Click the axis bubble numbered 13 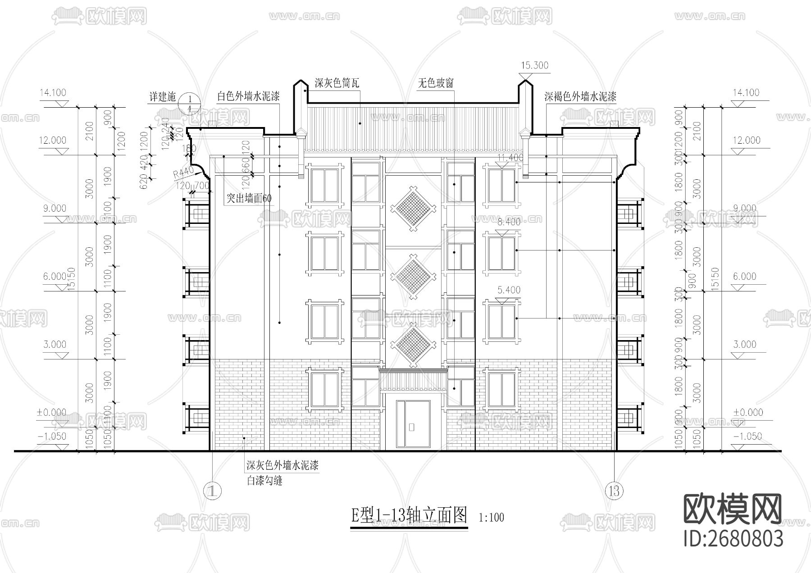pyautogui.click(x=614, y=490)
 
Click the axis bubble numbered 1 pyautogui.click(x=212, y=491)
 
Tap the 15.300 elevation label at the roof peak pyautogui.click(x=534, y=65)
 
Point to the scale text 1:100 pyautogui.click(x=491, y=518)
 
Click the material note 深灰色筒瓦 pyautogui.click(x=337, y=83)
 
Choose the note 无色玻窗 pyautogui.click(x=435, y=83)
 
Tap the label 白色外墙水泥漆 pyautogui.click(x=248, y=96)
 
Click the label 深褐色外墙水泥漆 pyautogui.click(x=580, y=96)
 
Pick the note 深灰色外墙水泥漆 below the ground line pyautogui.click(x=282, y=465)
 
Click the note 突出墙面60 pyautogui.click(x=249, y=198)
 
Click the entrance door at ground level pyautogui.click(x=413, y=424)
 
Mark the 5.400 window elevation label pyautogui.click(x=509, y=290)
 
